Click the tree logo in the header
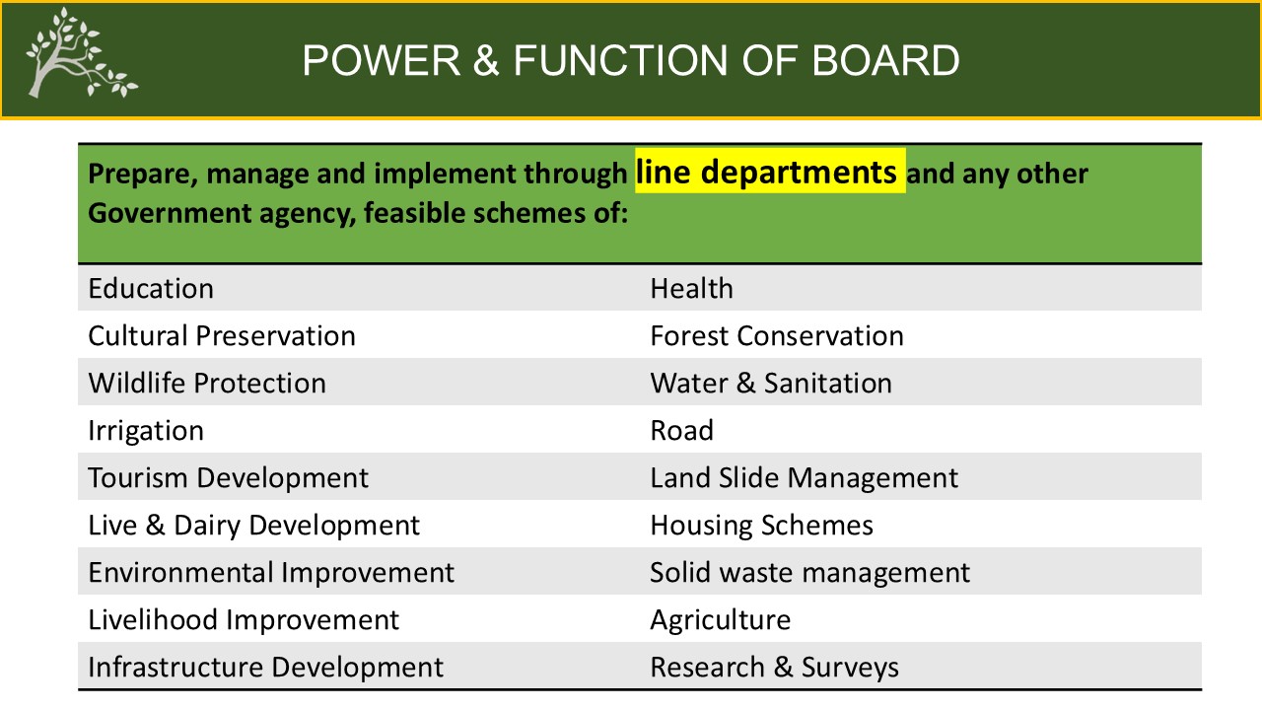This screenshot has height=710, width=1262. point(81,53)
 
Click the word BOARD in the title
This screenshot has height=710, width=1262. point(885,60)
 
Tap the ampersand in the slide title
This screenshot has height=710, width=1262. point(486,60)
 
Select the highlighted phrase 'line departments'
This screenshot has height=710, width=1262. point(766,172)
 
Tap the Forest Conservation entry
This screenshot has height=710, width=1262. point(777,335)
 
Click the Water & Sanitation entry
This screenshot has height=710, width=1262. point(771,383)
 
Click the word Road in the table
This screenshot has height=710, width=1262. point(681,430)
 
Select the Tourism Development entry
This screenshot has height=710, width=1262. point(228,478)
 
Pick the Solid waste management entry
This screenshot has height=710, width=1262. point(810,573)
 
